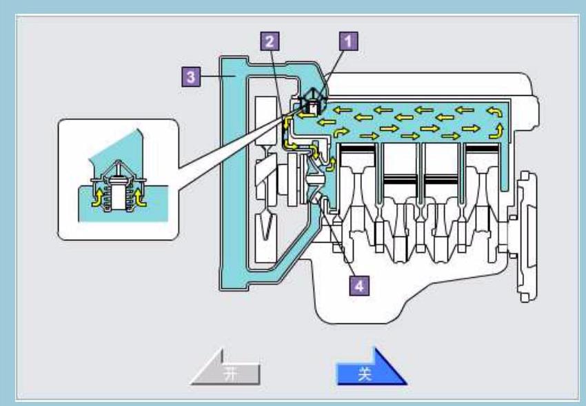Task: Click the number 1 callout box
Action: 350,41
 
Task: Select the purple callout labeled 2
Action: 270,41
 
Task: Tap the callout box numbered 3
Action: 196,77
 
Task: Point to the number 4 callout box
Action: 358,284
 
